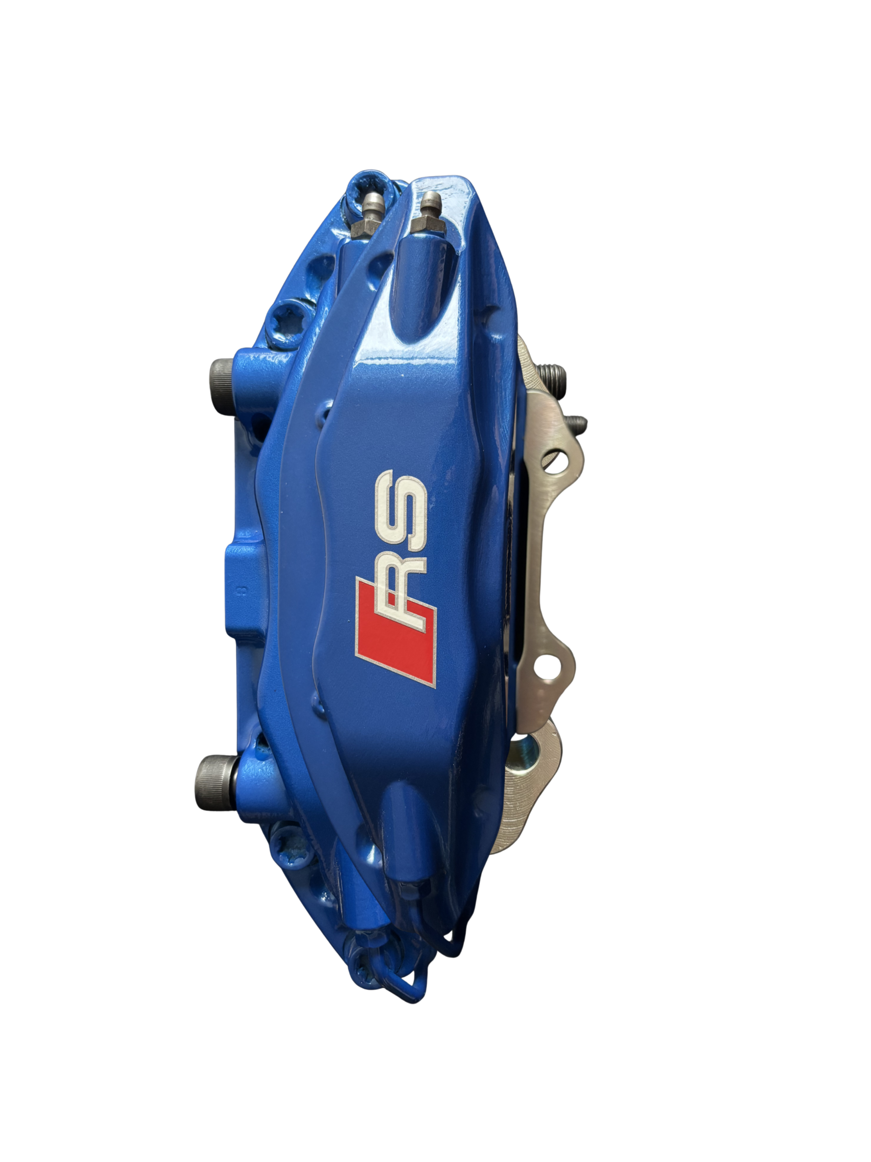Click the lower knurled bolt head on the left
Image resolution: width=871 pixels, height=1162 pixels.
click(x=211, y=776)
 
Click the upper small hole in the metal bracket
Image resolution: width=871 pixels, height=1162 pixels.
click(x=558, y=461)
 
